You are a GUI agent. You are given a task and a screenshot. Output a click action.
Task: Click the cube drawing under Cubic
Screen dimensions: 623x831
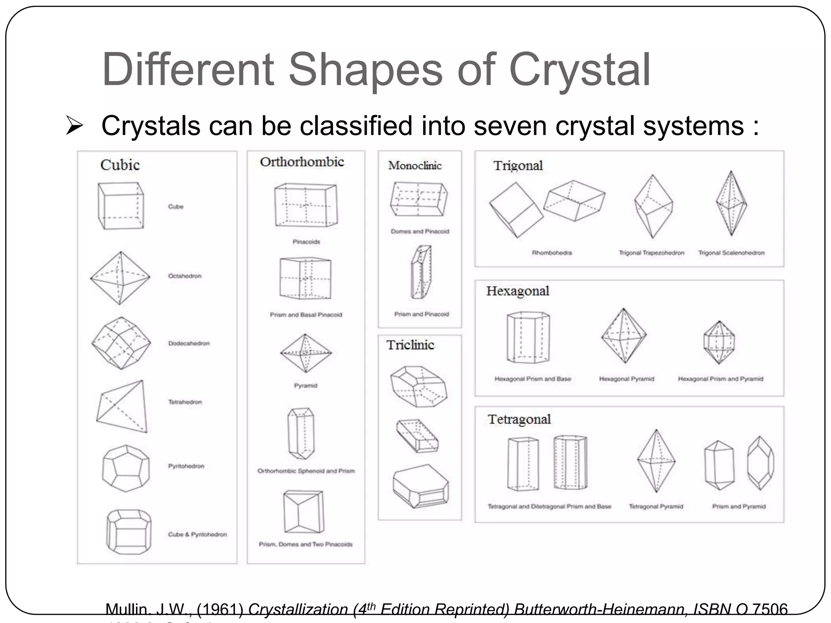[x=121, y=206]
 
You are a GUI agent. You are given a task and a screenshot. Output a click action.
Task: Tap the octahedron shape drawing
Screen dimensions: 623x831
[x=120, y=278]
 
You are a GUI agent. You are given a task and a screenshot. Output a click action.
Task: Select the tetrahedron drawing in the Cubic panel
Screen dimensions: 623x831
[x=122, y=406]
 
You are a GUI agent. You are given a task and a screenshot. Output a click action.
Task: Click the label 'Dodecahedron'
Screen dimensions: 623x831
[x=189, y=344]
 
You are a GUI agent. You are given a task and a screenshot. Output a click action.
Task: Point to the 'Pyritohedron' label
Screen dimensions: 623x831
[x=186, y=466]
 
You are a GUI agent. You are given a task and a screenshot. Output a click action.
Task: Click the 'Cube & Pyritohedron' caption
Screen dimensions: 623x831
[x=197, y=535]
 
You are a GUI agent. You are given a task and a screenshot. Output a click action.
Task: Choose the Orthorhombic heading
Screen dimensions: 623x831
[x=302, y=162]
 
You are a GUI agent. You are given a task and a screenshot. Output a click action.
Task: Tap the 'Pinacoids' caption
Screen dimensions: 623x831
[x=306, y=242]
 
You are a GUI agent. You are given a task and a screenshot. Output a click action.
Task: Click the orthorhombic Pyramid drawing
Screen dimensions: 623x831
[x=306, y=353]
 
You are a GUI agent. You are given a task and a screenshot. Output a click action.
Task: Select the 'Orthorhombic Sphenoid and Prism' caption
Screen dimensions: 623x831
[x=306, y=471]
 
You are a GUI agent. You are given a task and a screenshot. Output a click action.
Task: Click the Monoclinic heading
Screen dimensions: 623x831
[x=415, y=165]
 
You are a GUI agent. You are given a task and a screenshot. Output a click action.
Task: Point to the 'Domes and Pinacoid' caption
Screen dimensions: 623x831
[x=420, y=231]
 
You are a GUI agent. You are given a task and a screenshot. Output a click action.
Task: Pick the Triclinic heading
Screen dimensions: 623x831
[x=410, y=345]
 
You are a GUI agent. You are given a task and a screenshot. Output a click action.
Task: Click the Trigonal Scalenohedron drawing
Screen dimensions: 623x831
[x=731, y=203]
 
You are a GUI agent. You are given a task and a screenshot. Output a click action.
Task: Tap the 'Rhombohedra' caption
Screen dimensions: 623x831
[x=552, y=253]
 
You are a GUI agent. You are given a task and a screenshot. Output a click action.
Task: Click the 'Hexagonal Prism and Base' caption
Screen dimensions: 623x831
[x=532, y=379]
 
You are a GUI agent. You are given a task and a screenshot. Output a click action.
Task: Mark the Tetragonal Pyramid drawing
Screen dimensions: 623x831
[x=656, y=461]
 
